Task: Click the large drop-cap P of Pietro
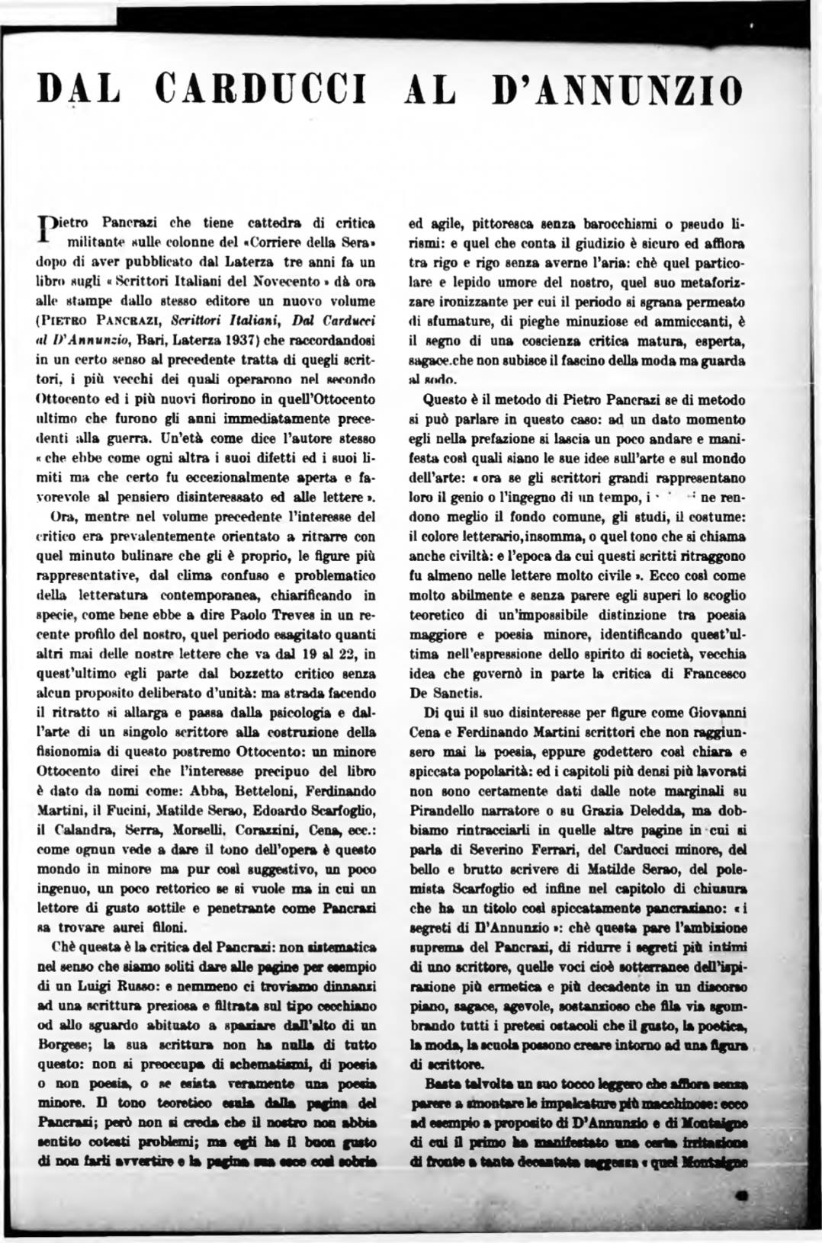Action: point(47,229)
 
